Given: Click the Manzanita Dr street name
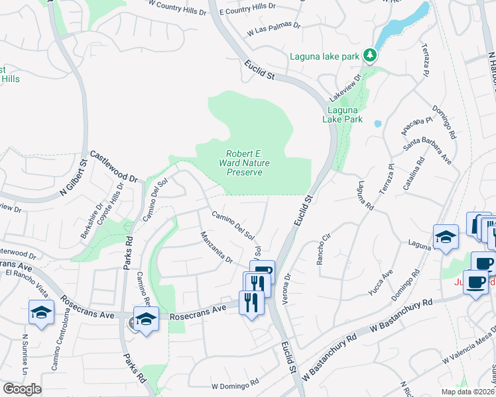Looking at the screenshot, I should (216, 246).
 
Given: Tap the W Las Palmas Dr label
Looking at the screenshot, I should (274, 30).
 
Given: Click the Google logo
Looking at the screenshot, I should (22, 389).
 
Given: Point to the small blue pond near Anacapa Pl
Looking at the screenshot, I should (377, 123).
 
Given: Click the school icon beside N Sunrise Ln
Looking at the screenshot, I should (41, 312).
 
